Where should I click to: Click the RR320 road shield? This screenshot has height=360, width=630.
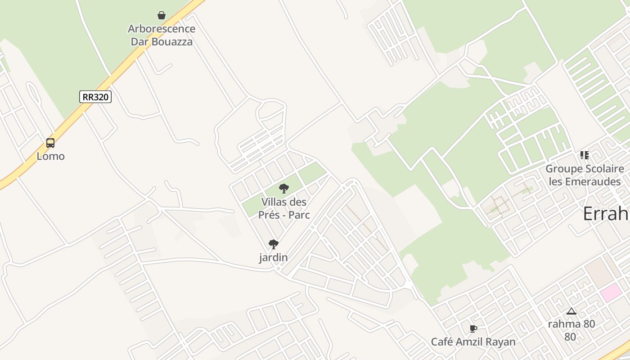[x=95, y=97]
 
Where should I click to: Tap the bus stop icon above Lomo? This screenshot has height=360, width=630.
[x=50, y=143]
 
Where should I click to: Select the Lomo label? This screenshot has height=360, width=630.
[x=50, y=157]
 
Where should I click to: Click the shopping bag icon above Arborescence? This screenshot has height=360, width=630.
[x=162, y=16]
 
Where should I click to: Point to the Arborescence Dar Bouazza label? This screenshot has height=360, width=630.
[x=162, y=35]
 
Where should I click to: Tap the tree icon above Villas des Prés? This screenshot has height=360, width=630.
[x=283, y=189]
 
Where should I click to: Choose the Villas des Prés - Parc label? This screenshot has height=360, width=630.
[x=284, y=208]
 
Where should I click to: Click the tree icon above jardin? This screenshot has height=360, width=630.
[x=273, y=244]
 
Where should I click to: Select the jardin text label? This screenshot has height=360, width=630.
[x=273, y=258]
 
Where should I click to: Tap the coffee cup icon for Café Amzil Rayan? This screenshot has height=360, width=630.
[x=473, y=329]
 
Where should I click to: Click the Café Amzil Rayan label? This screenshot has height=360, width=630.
[x=473, y=342]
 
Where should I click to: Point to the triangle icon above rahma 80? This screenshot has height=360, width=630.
[x=571, y=311]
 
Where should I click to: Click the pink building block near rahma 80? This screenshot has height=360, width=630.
[x=610, y=292]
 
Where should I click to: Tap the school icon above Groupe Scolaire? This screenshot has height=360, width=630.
[x=584, y=156]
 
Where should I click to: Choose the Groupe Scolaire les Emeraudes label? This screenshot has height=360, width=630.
[x=585, y=175]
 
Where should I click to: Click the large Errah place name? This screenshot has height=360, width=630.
[x=606, y=214]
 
